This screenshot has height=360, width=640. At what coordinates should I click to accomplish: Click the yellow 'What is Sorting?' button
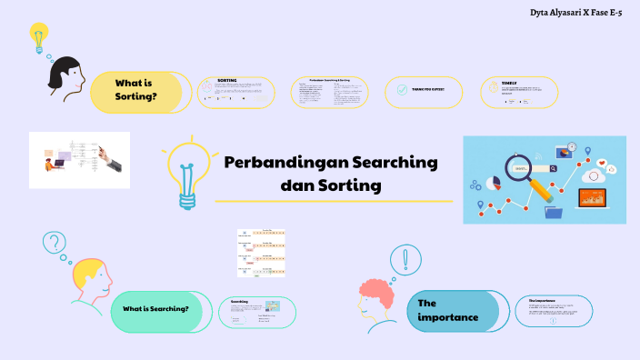click(135, 89)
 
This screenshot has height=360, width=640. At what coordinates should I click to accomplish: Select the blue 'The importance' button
click(449, 310)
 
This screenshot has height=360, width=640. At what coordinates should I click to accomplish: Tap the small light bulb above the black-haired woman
click(38, 37)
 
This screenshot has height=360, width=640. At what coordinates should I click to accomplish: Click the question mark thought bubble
click(55, 243)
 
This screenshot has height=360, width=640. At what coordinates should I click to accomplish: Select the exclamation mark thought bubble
click(405, 260)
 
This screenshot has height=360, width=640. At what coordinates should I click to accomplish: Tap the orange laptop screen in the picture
click(595, 197)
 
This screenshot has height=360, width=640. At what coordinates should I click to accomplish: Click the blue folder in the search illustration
click(554, 214)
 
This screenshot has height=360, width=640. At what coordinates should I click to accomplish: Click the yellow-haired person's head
click(91, 274)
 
